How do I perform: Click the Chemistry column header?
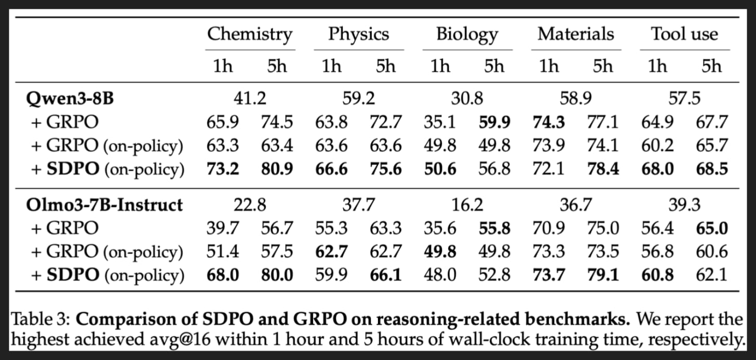[250, 35]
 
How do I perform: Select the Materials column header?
[576, 34]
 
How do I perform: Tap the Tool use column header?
[684, 34]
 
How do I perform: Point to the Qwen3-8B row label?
[70, 99]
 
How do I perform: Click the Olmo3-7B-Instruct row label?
[104, 205]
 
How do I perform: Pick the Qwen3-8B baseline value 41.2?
[250, 99]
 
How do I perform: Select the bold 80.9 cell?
[277, 169]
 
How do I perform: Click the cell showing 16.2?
[467, 205]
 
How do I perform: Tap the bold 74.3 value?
[549, 122]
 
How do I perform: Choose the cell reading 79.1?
[603, 275]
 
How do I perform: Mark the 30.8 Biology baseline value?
[467, 99]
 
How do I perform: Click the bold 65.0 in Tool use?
[712, 228]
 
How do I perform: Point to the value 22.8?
[250, 205]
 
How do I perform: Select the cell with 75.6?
[386, 169]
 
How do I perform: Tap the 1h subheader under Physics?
[331, 66]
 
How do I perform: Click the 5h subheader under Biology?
[494, 66]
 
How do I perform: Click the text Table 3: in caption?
[40, 319]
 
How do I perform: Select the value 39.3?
[684, 205]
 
